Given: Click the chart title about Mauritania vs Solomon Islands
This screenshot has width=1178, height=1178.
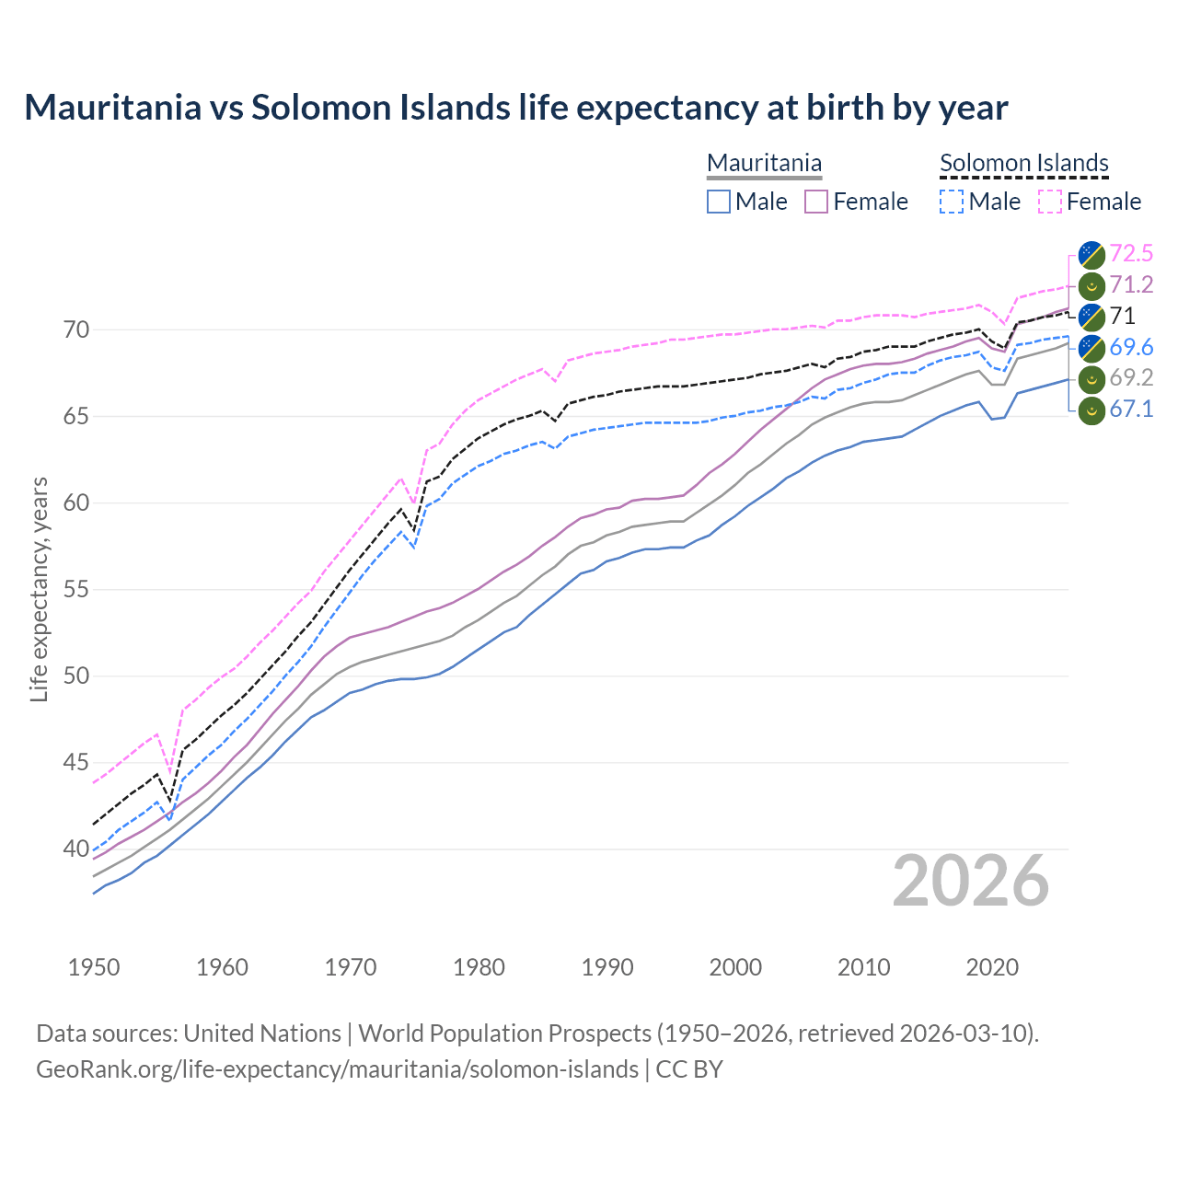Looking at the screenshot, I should (x=515, y=108).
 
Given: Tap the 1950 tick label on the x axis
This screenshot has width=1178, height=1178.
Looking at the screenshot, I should (x=94, y=967).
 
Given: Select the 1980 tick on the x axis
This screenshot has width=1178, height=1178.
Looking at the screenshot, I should (x=479, y=967).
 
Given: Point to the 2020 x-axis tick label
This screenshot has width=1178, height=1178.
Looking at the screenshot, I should (x=992, y=967).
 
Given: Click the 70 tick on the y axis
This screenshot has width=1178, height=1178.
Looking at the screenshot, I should (x=76, y=329).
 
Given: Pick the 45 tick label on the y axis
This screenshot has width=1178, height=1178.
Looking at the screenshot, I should (x=76, y=763).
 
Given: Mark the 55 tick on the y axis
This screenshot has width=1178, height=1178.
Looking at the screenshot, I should (x=76, y=589).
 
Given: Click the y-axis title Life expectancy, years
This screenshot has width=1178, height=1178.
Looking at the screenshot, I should (x=39, y=589).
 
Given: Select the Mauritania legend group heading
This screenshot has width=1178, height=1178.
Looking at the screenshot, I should (x=764, y=163).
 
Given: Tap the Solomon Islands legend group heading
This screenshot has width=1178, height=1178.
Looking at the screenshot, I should (x=1023, y=163).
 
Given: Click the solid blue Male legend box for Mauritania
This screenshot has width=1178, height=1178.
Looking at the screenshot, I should (x=719, y=202).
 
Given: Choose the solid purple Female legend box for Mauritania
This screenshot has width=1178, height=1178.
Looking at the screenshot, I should (x=816, y=202).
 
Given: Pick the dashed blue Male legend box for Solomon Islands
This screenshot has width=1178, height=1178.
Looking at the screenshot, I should (x=952, y=202).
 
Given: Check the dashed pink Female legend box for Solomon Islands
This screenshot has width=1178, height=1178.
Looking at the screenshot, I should (x=1050, y=202).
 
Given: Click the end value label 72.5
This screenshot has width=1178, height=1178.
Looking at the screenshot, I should (x=1131, y=253).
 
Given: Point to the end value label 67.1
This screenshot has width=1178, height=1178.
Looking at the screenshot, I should (x=1131, y=410).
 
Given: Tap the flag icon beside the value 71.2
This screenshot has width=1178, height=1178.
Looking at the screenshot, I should (x=1091, y=285).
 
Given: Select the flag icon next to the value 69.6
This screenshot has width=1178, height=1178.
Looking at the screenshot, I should (x=1091, y=348).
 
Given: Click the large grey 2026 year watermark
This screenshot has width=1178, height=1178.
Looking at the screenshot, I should (x=970, y=881).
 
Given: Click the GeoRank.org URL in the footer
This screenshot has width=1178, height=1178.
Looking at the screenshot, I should (x=337, y=1069).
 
